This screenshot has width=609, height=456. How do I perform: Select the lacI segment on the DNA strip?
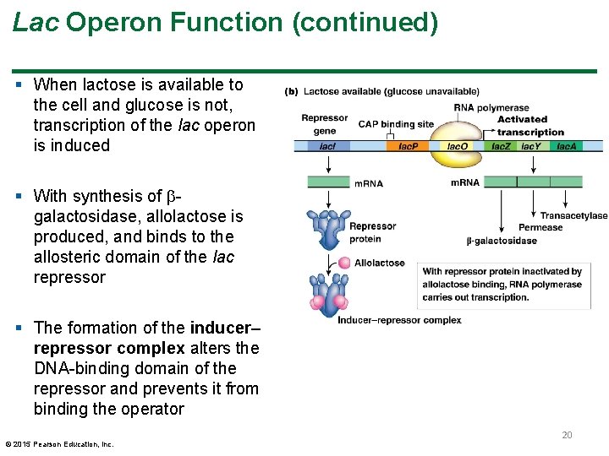327,146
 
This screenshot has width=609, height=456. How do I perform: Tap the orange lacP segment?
408,146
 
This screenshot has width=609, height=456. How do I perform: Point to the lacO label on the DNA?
457,146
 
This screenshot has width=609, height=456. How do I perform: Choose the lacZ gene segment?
501,146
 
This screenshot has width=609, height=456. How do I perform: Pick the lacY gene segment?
530,146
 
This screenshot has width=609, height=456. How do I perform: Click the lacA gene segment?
566,146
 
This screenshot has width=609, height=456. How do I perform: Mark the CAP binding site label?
396,124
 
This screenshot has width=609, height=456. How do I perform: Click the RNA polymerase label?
491,107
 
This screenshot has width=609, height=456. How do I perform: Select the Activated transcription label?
529,125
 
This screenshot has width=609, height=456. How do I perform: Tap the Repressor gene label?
324,124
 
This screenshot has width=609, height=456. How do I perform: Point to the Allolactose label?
379,263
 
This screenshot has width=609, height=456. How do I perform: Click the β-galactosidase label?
501,241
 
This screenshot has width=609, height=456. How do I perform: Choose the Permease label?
540,227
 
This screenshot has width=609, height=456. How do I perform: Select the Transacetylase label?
573,215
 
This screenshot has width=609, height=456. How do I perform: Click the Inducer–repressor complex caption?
399,320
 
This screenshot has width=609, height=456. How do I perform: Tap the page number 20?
567,435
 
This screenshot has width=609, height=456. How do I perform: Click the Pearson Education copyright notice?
59,444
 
